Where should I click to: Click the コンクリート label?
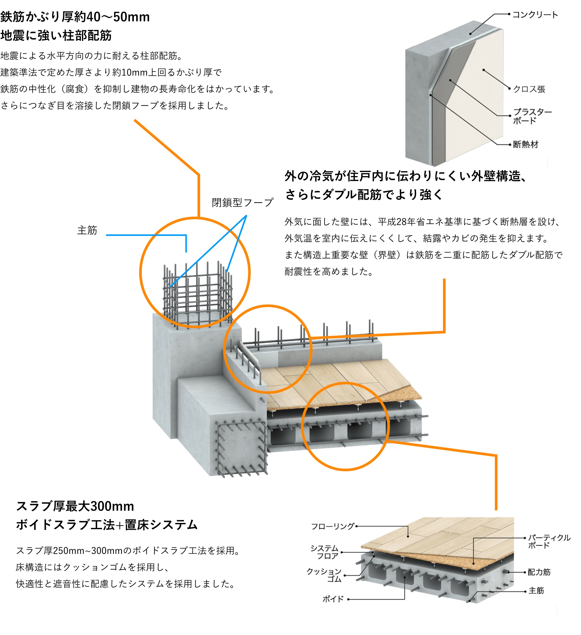(535, 15)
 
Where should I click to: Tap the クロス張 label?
(529, 89)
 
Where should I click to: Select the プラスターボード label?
(532, 116)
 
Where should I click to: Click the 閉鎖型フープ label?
(243, 203)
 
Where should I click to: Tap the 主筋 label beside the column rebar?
(87, 230)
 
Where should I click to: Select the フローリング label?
(333, 526)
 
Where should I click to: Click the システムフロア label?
(325, 552)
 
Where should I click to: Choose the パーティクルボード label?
(549, 541)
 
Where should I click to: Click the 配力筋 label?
(539, 572)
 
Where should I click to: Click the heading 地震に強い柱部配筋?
(56, 36)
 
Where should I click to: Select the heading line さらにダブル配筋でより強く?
(364, 194)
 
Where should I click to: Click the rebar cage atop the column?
(198, 294)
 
